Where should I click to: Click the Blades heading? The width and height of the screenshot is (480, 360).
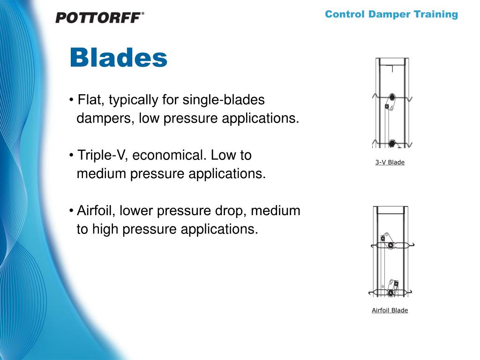(118, 58)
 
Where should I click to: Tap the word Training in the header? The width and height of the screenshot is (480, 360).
(435, 14)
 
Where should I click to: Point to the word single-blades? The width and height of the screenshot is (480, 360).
(224, 100)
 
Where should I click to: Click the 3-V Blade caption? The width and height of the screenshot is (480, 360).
(390, 162)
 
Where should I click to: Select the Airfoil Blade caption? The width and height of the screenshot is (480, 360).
(390, 310)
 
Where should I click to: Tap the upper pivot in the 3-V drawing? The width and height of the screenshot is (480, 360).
(392, 98)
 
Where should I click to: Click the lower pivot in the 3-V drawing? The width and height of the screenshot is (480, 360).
(391, 143)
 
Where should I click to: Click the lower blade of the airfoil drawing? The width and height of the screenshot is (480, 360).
(392, 292)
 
